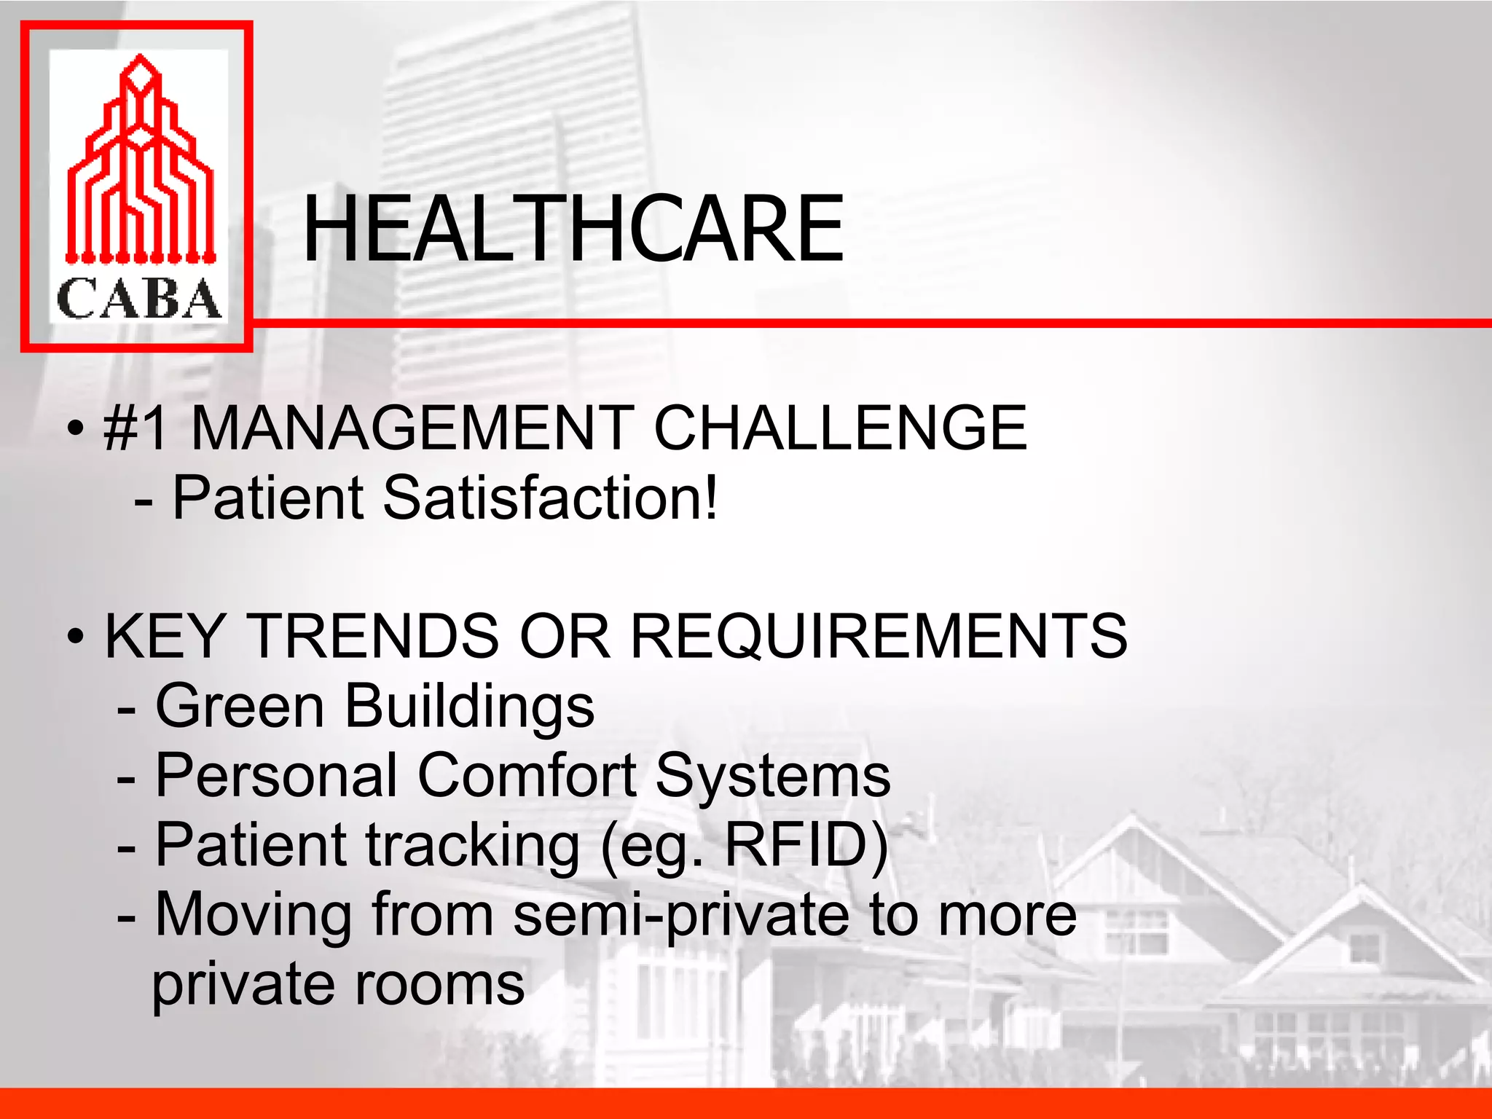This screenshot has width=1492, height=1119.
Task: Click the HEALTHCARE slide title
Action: point(573,229)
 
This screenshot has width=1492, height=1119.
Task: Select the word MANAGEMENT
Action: point(412,428)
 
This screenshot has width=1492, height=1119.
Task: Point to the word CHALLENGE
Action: point(840,428)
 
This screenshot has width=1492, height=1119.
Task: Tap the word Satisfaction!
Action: point(550,498)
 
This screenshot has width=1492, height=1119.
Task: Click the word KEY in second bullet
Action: point(164,636)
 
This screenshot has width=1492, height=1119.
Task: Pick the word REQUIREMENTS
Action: point(878,636)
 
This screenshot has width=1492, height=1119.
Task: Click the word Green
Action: point(240,706)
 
